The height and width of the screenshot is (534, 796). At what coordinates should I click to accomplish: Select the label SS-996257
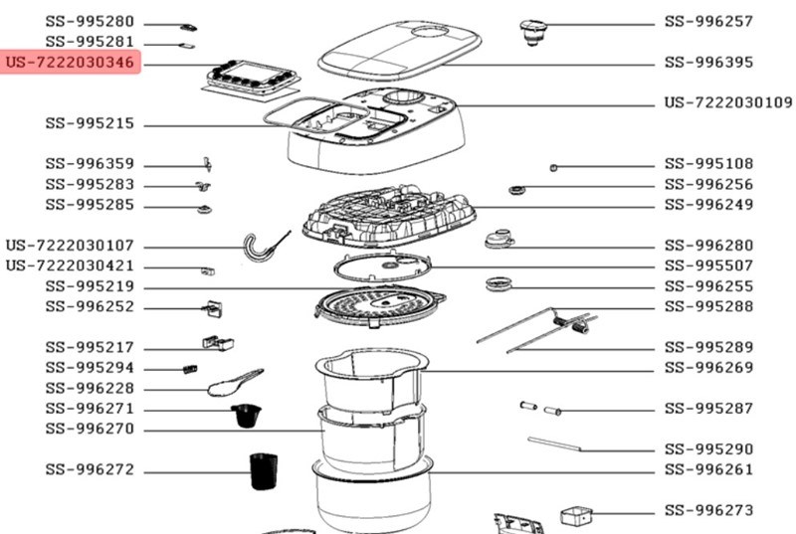(708, 21)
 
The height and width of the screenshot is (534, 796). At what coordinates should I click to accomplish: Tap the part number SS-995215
(90, 124)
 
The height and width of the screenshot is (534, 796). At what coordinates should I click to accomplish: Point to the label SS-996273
(708, 510)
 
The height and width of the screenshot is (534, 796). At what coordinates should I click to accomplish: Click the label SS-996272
(90, 470)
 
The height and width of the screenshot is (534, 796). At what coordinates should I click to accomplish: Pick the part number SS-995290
(708, 449)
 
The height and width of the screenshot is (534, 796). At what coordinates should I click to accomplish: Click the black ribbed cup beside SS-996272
(262, 471)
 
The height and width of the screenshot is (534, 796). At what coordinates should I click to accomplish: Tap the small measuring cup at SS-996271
(243, 415)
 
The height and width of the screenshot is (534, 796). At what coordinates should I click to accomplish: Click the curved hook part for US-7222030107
(261, 246)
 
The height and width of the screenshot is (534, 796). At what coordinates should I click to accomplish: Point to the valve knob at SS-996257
(535, 31)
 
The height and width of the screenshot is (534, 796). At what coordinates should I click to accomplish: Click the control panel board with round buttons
(250, 77)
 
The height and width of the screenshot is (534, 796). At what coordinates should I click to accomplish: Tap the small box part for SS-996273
(576, 516)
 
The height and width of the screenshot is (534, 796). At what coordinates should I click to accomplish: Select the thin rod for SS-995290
(560, 443)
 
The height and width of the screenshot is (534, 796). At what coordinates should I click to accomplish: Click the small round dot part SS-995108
(554, 166)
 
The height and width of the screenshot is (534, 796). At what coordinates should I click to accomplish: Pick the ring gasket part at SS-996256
(516, 189)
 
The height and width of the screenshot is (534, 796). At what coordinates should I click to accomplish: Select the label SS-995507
(708, 266)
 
